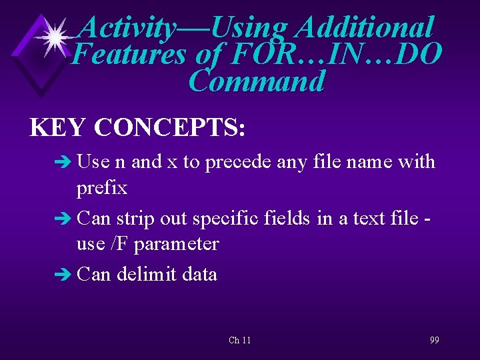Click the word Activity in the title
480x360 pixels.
click(x=127, y=28)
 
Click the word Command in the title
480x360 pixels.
click(x=257, y=82)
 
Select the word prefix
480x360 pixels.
click(x=102, y=189)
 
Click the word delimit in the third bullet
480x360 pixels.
click(x=144, y=274)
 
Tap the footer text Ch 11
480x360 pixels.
click(x=240, y=340)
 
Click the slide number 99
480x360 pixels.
click(x=435, y=340)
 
